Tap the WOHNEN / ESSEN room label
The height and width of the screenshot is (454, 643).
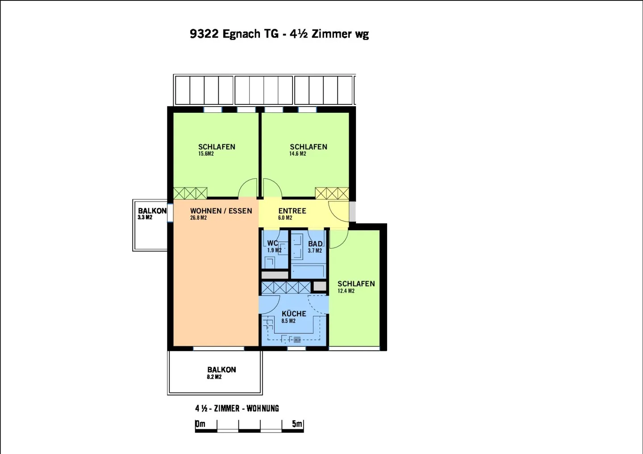(x=221, y=211)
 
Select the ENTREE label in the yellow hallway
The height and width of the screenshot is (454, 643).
(x=292, y=211)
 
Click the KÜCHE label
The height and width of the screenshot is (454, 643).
(x=294, y=314)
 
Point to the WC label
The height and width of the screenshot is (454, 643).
(x=272, y=244)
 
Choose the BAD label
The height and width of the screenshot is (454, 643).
(x=315, y=244)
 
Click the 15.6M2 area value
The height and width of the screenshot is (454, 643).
(x=206, y=154)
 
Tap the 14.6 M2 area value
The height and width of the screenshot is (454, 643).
(x=297, y=154)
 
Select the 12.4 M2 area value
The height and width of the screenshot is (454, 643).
(x=346, y=291)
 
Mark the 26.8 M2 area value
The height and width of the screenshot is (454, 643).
(x=198, y=218)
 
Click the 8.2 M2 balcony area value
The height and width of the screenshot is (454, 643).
(x=214, y=377)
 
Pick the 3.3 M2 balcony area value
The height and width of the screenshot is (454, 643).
(x=145, y=218)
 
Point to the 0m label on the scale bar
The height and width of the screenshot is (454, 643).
(x=200, y=424)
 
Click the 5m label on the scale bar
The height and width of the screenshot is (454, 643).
(x=297, y=424)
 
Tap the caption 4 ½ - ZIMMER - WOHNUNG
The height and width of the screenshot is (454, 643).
(x=237, y=409)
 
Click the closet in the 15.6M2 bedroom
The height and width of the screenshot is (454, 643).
(x=190, y=193)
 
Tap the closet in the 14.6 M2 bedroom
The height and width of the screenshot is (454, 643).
(x=332, y=193)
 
